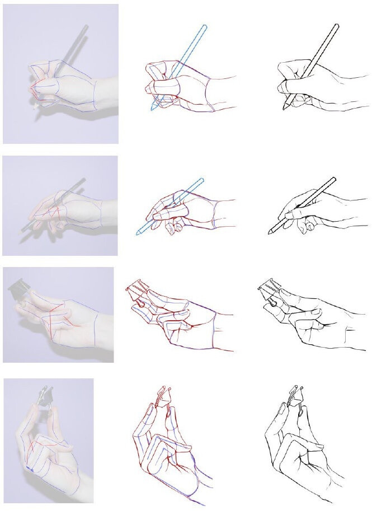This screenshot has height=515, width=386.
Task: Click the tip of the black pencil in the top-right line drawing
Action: click(x=284, y=108)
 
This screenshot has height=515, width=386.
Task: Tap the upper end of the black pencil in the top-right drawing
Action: click(x=337, y=26)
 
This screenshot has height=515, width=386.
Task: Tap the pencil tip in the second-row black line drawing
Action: click(x=270, y=232)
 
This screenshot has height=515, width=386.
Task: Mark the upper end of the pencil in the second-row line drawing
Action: click(x=333, y=180)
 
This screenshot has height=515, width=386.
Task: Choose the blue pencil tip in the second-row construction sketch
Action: click(x=138, y=233)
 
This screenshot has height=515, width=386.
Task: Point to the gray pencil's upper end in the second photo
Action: click(x=83, y=180)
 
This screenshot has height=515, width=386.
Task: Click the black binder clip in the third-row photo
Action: click(x=18, y=290)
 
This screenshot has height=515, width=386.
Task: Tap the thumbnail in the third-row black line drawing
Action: click(x=315, y=311)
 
